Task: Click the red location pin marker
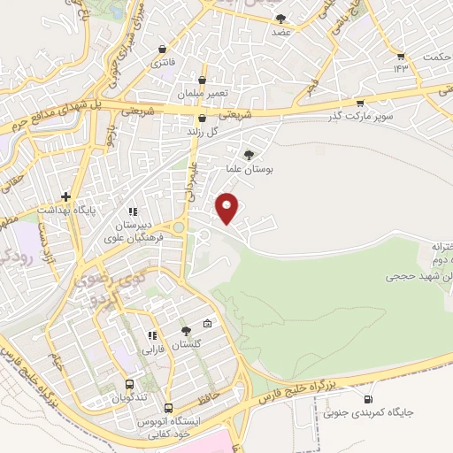pos(228,207)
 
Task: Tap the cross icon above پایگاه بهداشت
pos(65,196)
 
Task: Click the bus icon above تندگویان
pos(130,385)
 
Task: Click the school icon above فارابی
pos(151,336)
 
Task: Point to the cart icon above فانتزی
pos(164,49)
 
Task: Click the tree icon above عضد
pos(281,18)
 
